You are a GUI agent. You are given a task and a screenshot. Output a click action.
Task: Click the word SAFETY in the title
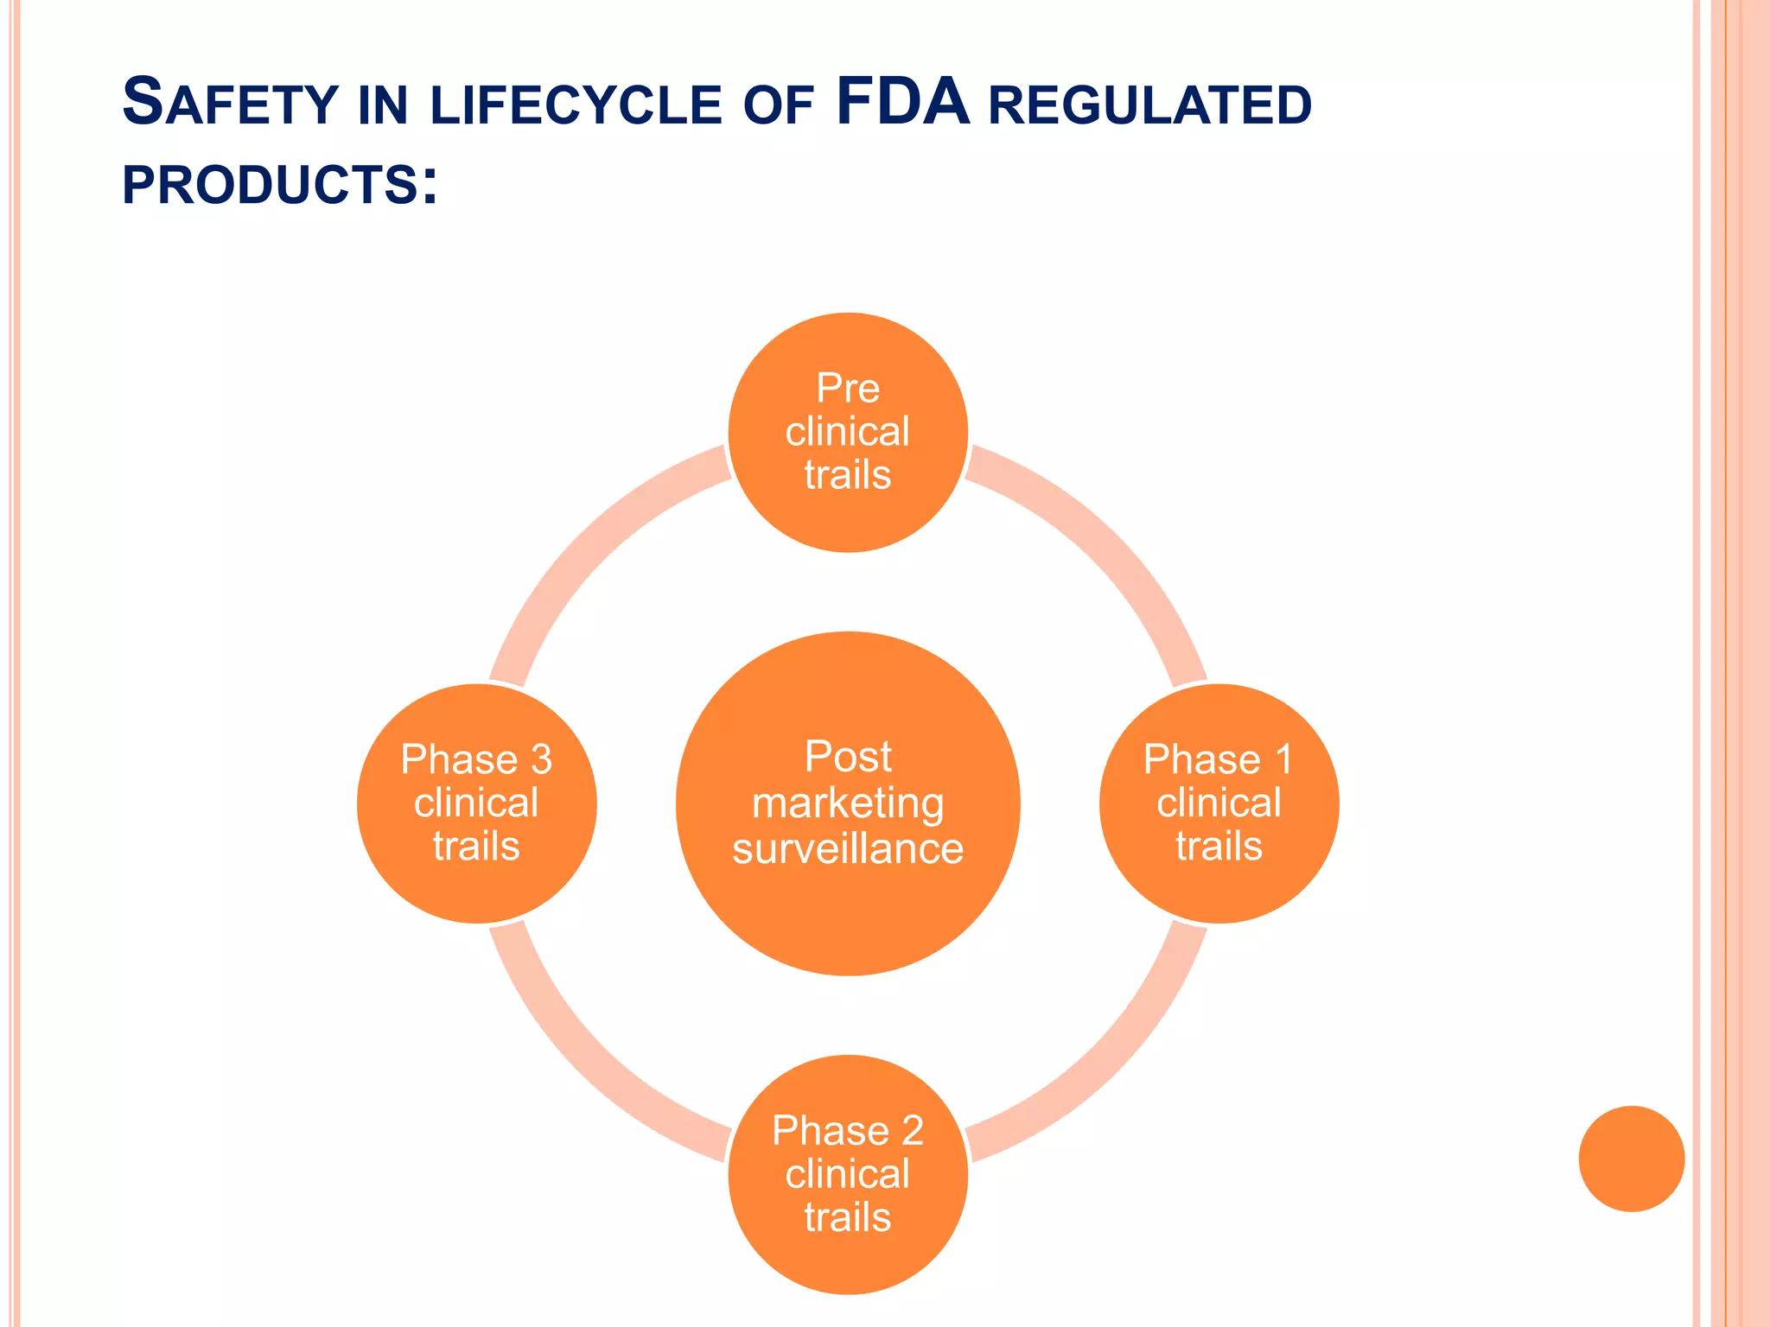[230, 103]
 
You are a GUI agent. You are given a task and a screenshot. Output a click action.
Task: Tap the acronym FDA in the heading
[902, 103]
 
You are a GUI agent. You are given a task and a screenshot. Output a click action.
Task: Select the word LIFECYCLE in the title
[576, 105]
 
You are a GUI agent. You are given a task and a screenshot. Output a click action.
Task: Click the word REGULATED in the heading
[1149, 105]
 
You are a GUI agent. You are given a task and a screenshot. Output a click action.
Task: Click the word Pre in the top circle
[848, 388]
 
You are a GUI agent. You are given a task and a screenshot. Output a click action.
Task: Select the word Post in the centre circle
[848, 757]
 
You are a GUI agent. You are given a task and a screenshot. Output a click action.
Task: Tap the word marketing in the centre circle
[848, 803]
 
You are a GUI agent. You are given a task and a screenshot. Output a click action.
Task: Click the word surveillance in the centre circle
[848, 849]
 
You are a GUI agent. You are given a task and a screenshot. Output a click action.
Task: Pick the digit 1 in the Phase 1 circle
[1283, 760]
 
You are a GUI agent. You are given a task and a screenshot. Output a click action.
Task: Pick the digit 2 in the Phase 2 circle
[912, 1132]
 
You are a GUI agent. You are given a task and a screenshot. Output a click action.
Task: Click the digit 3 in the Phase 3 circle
[541, 760]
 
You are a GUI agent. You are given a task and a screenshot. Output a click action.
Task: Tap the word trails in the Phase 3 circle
[476, 846]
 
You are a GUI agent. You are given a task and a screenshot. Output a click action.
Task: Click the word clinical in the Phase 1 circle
[1219, 803]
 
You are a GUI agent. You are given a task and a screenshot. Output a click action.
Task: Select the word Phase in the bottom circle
[818, 1132]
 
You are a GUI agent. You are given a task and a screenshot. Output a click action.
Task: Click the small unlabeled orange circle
[1631, 1159]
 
